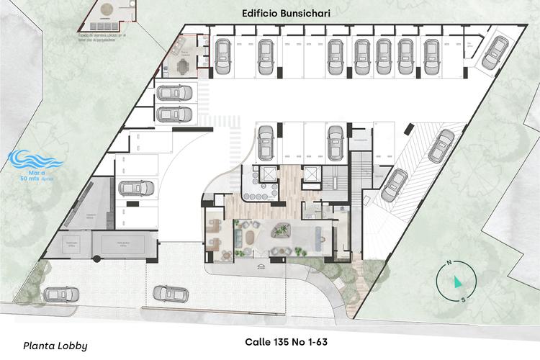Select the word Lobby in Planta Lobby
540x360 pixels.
pos(71,346)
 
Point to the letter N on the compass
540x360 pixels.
pos(448,264)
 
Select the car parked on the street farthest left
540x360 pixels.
pos(56,294)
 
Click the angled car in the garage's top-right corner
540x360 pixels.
pos(493,53)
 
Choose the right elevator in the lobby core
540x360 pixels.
pos(312,174)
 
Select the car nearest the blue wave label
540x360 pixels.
pos(135,188)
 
